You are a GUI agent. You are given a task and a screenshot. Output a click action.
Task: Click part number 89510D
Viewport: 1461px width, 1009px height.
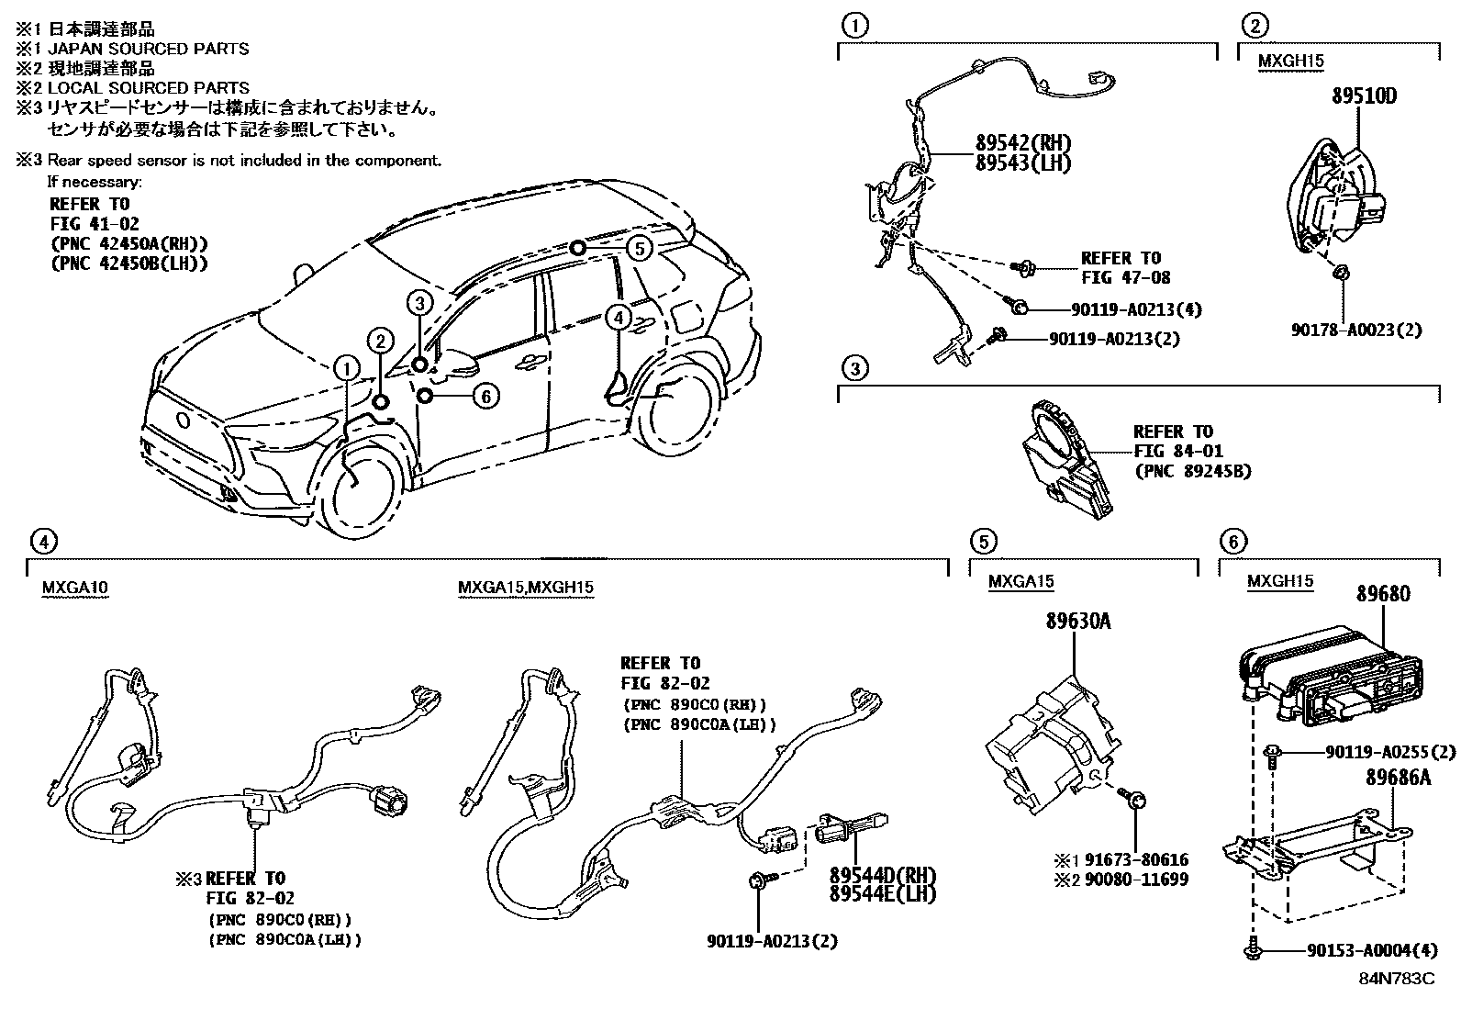(x=1364, y=95)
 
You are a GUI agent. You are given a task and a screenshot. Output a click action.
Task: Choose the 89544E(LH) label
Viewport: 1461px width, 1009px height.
(x=875, y=891)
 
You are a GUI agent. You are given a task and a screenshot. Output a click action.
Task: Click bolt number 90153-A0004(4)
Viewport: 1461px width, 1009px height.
(x=1372, y=950)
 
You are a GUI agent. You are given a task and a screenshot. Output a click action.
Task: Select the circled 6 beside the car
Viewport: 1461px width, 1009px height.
(x=485, y=396)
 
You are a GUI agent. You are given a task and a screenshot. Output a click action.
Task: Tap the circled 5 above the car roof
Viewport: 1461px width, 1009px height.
(x=640, y=248)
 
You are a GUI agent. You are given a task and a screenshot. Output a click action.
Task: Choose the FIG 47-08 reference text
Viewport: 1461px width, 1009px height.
(x=1125, y=276)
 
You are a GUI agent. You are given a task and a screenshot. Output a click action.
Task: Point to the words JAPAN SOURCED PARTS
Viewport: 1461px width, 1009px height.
(x=148, y=49)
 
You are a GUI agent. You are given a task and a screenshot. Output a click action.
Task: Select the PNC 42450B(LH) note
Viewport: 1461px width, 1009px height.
(x=128, y=263)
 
